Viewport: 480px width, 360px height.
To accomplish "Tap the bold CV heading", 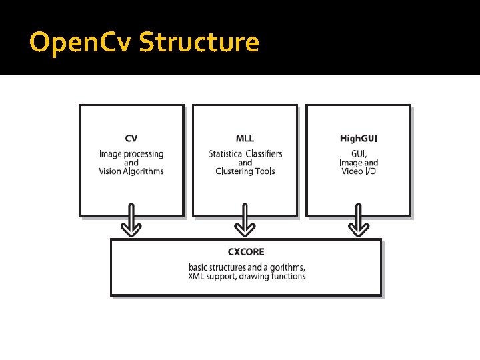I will [x=131, y=139].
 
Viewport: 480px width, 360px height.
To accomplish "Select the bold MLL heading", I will [x=245, y=139].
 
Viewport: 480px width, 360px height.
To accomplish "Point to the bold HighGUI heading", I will [x=358, y=139].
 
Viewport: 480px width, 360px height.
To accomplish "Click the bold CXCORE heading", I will [x=246, y=252].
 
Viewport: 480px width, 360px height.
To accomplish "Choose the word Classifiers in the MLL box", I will [x=267, y=154].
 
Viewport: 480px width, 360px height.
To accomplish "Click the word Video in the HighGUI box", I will [x=351, y=171].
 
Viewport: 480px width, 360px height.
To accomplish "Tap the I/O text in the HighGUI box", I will [x=371, y=171].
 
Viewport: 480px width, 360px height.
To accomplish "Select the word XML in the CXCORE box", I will [x=198, y=276].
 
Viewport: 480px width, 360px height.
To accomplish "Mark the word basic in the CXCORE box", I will [x=199, y=267].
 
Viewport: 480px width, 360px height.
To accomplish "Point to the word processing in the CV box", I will [x=144, y=154].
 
